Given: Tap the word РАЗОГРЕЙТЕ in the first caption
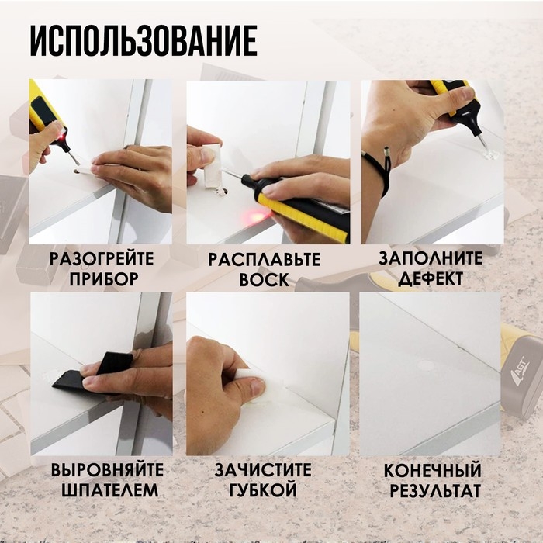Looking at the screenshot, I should point(101,259).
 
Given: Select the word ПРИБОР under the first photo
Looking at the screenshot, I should point(101,279).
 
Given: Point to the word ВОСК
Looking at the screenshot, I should point(264,279).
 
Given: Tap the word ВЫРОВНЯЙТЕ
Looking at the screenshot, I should point(107,471).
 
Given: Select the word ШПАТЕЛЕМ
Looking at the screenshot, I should point(107,491).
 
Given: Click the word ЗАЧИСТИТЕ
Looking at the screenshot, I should point(264,471).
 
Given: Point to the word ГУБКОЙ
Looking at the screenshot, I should point(264,491).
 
